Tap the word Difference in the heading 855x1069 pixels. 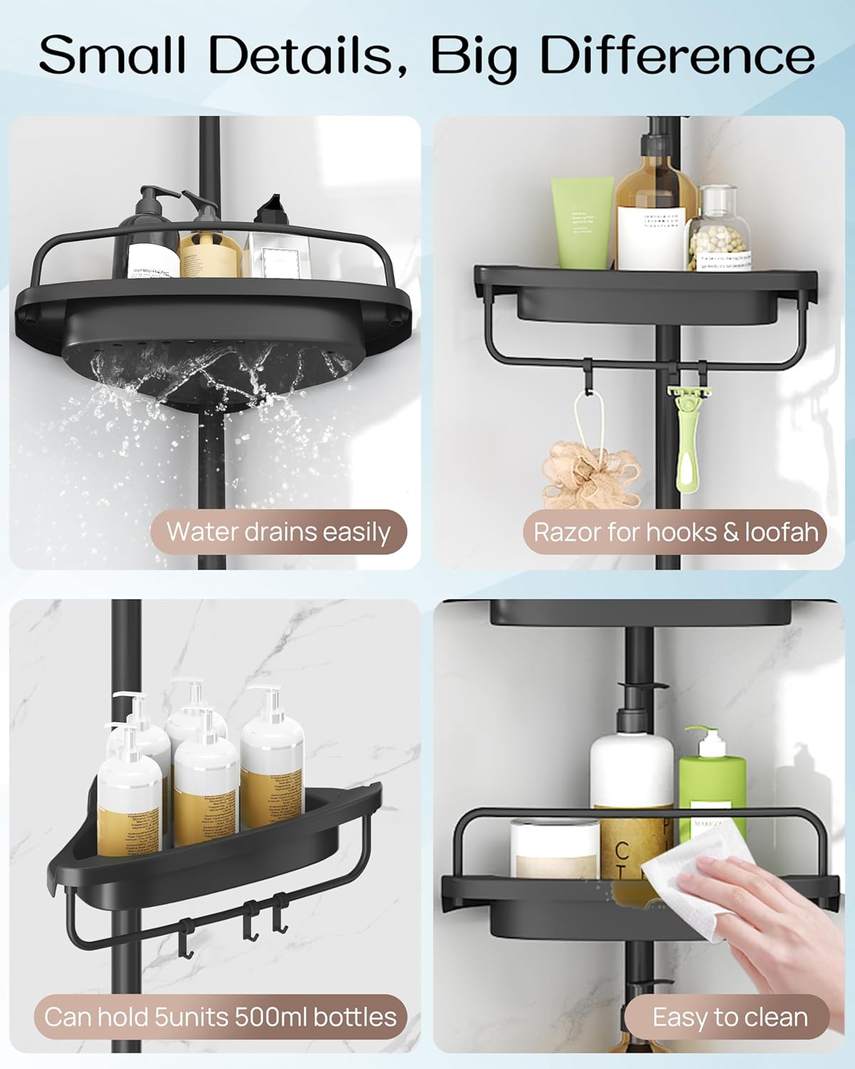[678, 56]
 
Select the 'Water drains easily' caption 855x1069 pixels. [278, 532]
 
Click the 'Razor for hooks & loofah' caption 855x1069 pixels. [675, 532]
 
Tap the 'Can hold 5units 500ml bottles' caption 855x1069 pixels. [220, 1016]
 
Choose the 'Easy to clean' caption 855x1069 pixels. [730, 1017]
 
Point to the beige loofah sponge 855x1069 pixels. [591, 473]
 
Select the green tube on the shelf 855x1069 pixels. [582, 222]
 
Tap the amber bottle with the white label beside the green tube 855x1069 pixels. [655, 207]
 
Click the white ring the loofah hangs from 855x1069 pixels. [584, 420]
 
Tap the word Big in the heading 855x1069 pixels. [474, 56]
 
